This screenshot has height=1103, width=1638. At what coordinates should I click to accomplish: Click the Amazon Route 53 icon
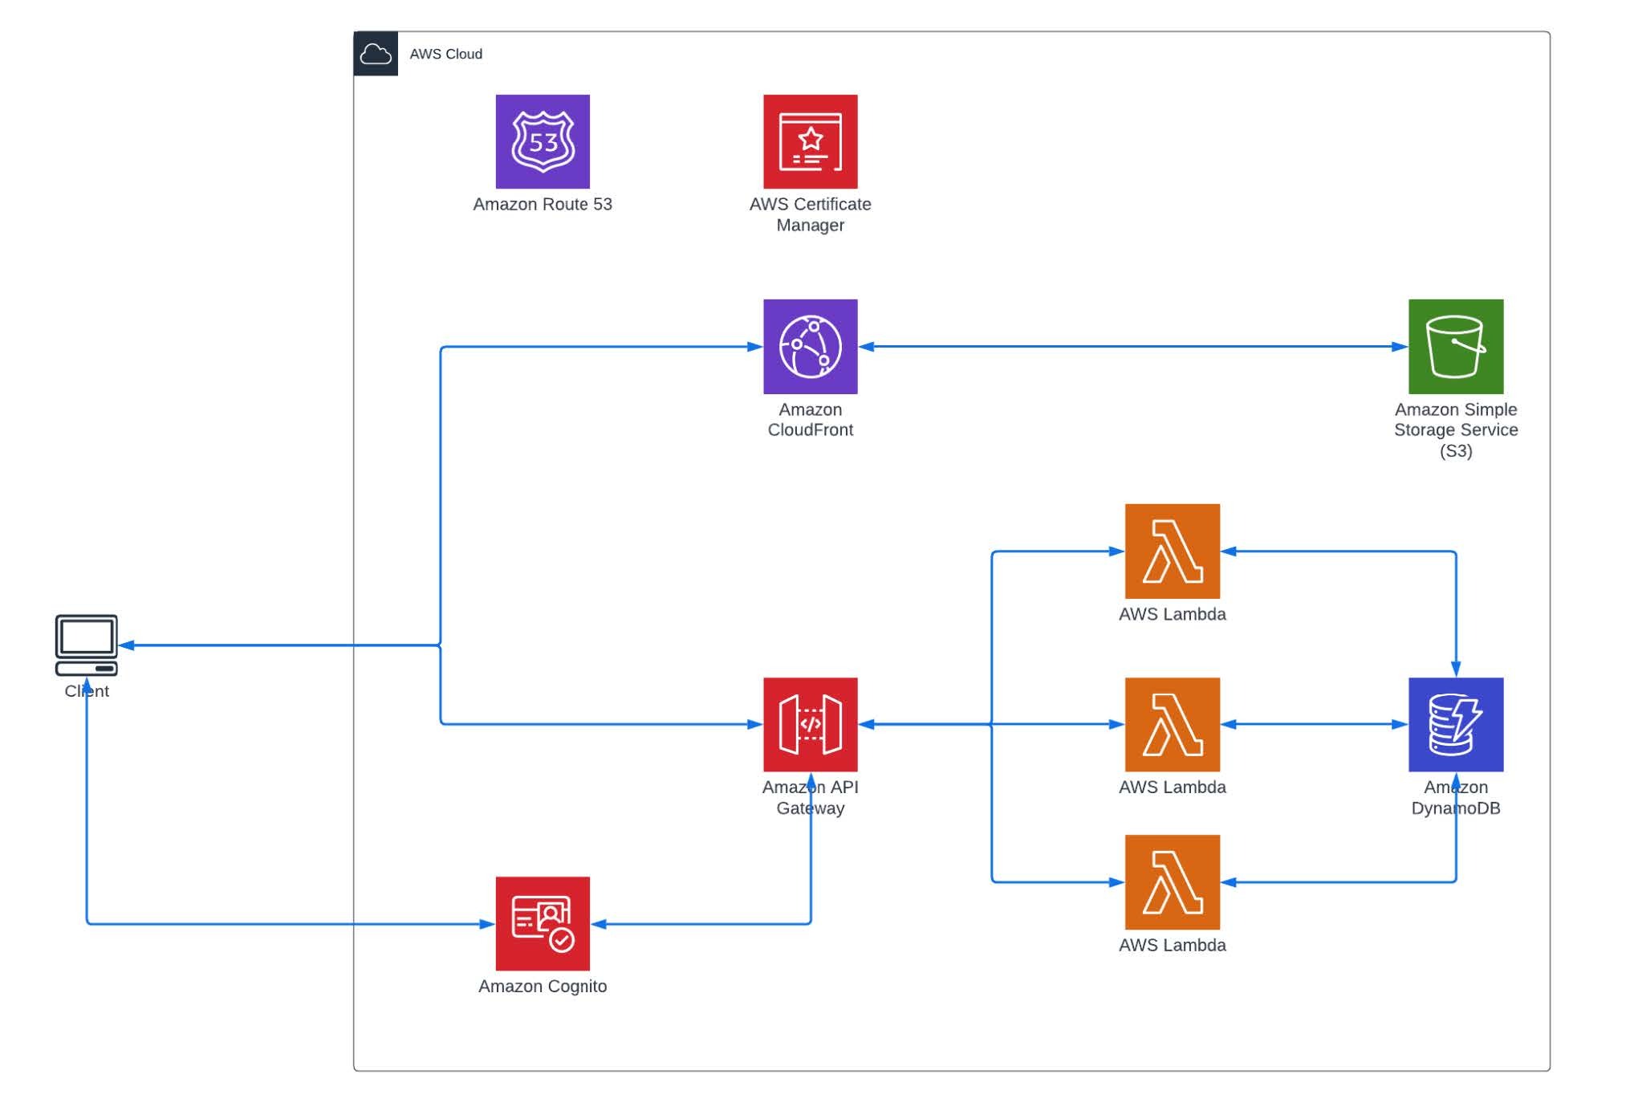pyautogui.click(x=543, y=141)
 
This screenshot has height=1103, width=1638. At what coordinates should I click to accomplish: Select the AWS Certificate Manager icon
pyautogui.click(x=810, y=141)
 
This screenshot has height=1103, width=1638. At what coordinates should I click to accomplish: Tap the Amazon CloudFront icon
pyautogui.click(x=810, y=346)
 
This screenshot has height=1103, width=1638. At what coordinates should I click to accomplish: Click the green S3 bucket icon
pyautogui.click(x=1455, y=346)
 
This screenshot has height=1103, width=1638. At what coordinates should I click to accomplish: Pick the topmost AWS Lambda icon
pyautogui.click(x=1172, y=551)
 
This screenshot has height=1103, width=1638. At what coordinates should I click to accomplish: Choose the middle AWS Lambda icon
pyautogui.click(x=1172, y=724)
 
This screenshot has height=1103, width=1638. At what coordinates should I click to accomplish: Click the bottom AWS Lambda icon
pyautogui.click(x=1172, y=881)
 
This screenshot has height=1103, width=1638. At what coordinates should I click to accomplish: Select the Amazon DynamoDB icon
pyautogui.click(x=1455, y=724)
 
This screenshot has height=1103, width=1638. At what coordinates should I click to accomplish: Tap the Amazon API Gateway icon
pyautogui.click(x=810, y=724)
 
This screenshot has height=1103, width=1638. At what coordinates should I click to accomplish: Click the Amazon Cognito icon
pyautogui.click(x=543, y=923)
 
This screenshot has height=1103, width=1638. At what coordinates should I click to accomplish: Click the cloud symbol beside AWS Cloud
pyautogui.click(x=376, y=54)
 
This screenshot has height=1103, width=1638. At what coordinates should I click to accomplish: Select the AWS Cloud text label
pyautogui.click(x=445, y=54)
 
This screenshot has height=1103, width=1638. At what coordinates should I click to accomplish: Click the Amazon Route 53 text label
pyautogui.click(x=543, y=204)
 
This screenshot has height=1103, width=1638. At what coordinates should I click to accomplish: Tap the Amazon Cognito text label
pyautogui.click(x=543, y=986)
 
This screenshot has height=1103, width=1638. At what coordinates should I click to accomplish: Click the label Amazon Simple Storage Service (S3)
pyautogui.click(x=1455, y=429)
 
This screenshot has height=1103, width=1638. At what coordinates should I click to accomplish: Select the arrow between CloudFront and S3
pyautogui.click(x=1132, y=346)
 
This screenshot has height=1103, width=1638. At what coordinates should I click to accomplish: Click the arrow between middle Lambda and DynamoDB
pyautogui.click(x=1314, y=724)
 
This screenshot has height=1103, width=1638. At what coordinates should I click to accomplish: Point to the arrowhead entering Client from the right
pyautogui.click(x=127, y=645)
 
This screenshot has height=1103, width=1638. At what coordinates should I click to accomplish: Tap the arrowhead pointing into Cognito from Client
pyautogui.click(x=487, y=923)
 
